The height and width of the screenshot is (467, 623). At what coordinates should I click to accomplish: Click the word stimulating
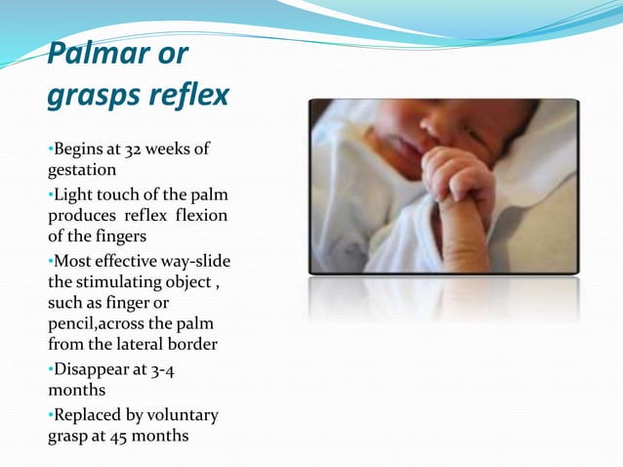[123, 282]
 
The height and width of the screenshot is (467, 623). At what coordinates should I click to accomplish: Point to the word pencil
[71, 323]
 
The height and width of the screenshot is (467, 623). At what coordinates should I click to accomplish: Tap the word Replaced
[89, 415]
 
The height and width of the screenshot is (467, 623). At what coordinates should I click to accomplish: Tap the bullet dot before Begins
[50, 149]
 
